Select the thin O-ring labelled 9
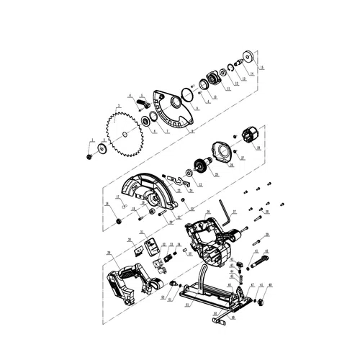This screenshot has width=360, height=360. point(187,94)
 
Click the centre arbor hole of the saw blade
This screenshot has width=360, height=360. point(127,132)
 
